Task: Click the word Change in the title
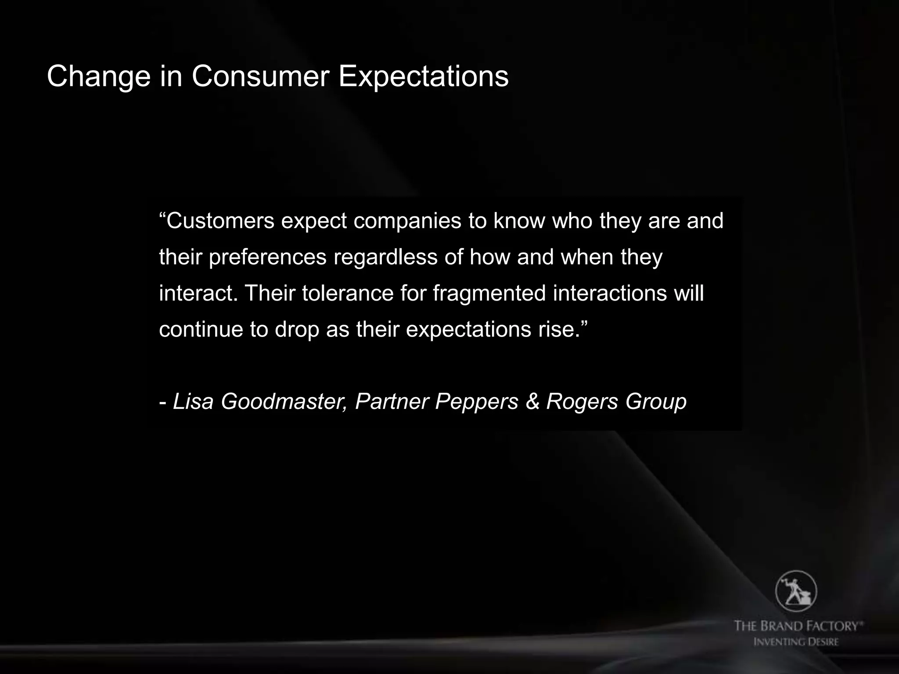pos(98,77)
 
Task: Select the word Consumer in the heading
pos(260,77)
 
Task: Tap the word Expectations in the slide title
pos(423,77)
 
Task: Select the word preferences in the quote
pos(267,258)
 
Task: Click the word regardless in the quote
pos(385,258)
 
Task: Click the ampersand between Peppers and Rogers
pos(532,401)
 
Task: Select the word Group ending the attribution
pos(656,402)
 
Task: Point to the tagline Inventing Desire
pos(796,642)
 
